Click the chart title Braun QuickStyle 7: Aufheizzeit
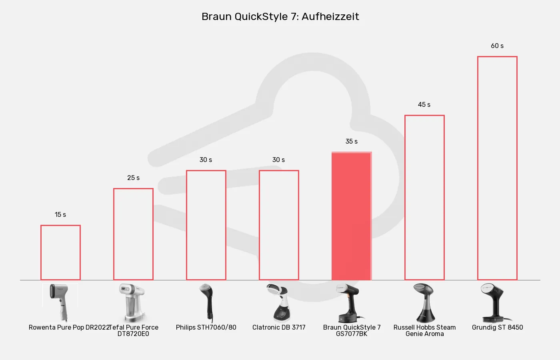tap(280, 16)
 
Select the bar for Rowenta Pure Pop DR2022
tap(60, 252)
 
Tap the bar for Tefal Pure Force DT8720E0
tap(133, 234)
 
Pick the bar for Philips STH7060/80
tap(206, 225)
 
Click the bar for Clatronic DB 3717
tap(279, 225)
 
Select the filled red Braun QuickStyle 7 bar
tap(352, 216)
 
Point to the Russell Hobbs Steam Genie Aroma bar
tap(424, 198)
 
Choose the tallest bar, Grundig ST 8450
tap(497, 168)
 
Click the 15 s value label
tap(60, 215)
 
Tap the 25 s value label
tap(133, 178)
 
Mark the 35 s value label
tap(352, 142)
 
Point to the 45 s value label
tap(424, 105)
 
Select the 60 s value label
tap(497, 46)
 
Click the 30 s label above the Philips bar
tap(206, 160)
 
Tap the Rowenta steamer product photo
tap(60, 302)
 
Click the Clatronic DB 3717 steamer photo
tap(279, 302)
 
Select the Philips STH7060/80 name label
tap(206, 328)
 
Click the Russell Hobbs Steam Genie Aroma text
tap(424, 330)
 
